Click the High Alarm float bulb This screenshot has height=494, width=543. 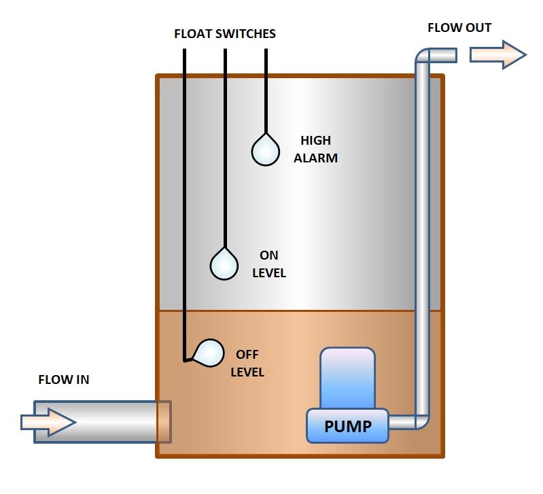(265, 150)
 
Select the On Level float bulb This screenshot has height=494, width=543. (224, 264)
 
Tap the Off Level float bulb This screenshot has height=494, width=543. (209, 353)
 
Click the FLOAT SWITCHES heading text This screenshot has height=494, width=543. (224, 34)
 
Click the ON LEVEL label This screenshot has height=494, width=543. (269, 264)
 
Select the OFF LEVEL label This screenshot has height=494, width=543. (247, 364)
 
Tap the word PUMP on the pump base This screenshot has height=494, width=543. (347, 427)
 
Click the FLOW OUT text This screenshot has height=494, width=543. (459, 29)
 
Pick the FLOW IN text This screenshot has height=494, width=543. (63, 380)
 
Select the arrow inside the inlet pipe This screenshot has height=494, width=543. (48, 423)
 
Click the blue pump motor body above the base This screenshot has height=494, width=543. (347, 377)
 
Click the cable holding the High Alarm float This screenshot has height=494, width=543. (265, 88)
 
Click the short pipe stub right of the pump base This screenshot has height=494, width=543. (401, 423)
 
